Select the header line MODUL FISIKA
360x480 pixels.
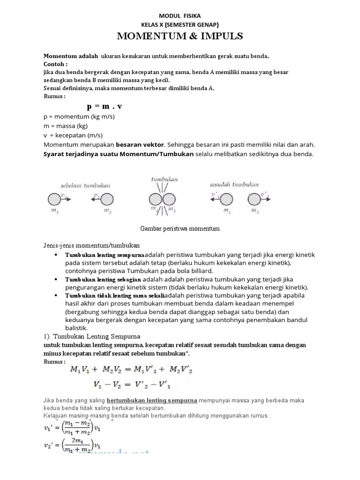180,15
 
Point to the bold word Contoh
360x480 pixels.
55,64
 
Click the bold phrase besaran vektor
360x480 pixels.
139,144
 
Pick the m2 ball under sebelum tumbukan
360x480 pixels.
106,199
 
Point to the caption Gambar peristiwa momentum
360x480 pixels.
180,228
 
